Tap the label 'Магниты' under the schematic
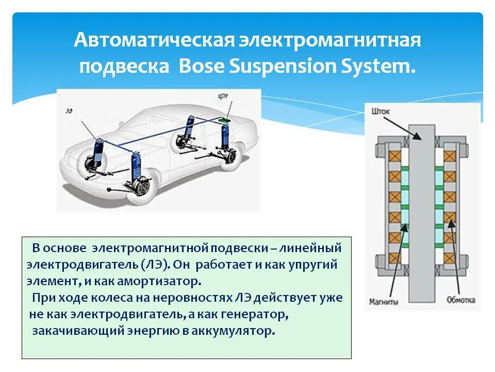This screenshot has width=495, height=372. tap(383, 302)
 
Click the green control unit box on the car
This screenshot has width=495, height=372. tap(225, 121)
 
